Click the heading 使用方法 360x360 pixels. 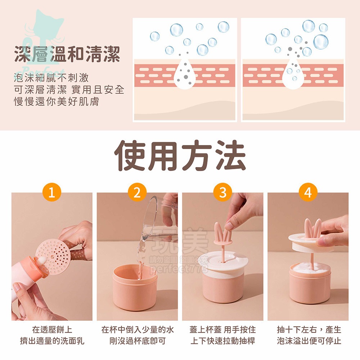pos(180,156)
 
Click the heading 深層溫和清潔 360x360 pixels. pos(67,55)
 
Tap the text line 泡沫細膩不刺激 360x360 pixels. pos(51,77)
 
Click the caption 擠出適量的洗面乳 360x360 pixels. pos(52,341)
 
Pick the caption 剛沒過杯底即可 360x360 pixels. pos(138,341)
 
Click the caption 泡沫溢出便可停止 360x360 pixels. pos(309,341)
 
